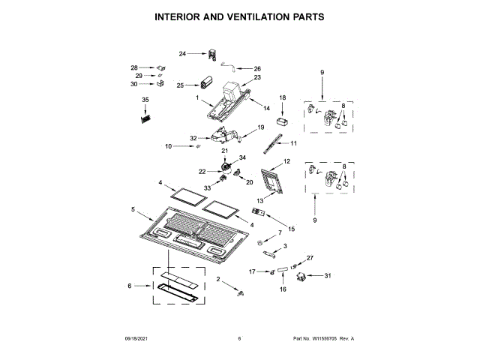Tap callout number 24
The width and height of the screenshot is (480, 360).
(x=182, y=53)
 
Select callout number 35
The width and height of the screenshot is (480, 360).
(x=145, y=100)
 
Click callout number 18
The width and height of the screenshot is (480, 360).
(x=283, y=98)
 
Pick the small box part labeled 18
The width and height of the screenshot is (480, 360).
(x=283, y=120)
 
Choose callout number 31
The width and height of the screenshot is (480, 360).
(x=327, y=277)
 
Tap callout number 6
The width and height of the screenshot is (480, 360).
(x=129, y=286)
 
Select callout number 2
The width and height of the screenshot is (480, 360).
(x=219, y=279)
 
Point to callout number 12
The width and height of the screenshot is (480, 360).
(x=286, y=162)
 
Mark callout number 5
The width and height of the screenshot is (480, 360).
(x=133, y=210)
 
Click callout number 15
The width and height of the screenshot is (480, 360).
(x=292, y=228)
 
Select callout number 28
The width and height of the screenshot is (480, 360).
(x=134, y=67)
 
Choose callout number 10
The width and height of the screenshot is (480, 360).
(x=168, y=146)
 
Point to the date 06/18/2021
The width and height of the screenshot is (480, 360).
(x=135, y=339)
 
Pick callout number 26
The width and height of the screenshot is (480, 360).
(x=257, y=69)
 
